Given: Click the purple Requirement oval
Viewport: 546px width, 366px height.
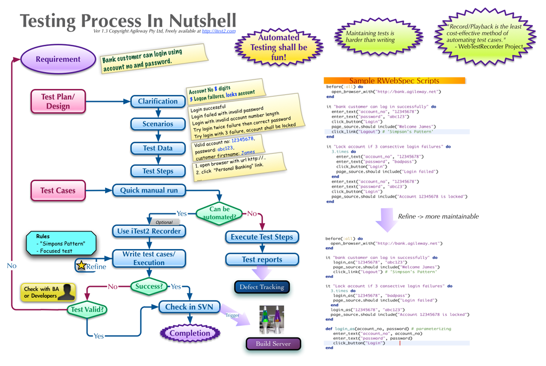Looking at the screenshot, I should [58, 60].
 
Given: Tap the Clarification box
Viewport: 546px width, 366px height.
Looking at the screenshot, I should [158, 101].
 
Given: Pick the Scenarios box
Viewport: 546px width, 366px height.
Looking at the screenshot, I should [158, 124].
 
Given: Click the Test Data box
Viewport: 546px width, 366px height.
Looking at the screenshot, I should [158, 148].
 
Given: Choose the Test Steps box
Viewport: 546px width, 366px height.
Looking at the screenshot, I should [158, 171].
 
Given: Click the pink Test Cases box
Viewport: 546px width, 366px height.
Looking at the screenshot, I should [58, 190].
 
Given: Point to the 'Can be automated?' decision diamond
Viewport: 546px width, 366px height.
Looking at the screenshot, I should [219, 213].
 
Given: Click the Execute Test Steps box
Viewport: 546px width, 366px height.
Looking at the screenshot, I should [261, 237].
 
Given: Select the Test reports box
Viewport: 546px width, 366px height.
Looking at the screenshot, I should [261, 260].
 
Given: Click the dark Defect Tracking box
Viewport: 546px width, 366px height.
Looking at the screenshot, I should [261, 287].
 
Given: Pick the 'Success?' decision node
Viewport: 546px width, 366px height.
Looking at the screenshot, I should [149, 287].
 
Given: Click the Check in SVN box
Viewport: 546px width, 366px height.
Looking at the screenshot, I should [188, 307].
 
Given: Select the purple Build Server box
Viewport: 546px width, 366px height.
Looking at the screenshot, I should [273, 344].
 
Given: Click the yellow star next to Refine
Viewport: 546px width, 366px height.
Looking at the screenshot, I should [81, 266].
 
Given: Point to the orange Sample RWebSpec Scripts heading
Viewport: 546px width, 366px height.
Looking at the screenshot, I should [394, 81].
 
